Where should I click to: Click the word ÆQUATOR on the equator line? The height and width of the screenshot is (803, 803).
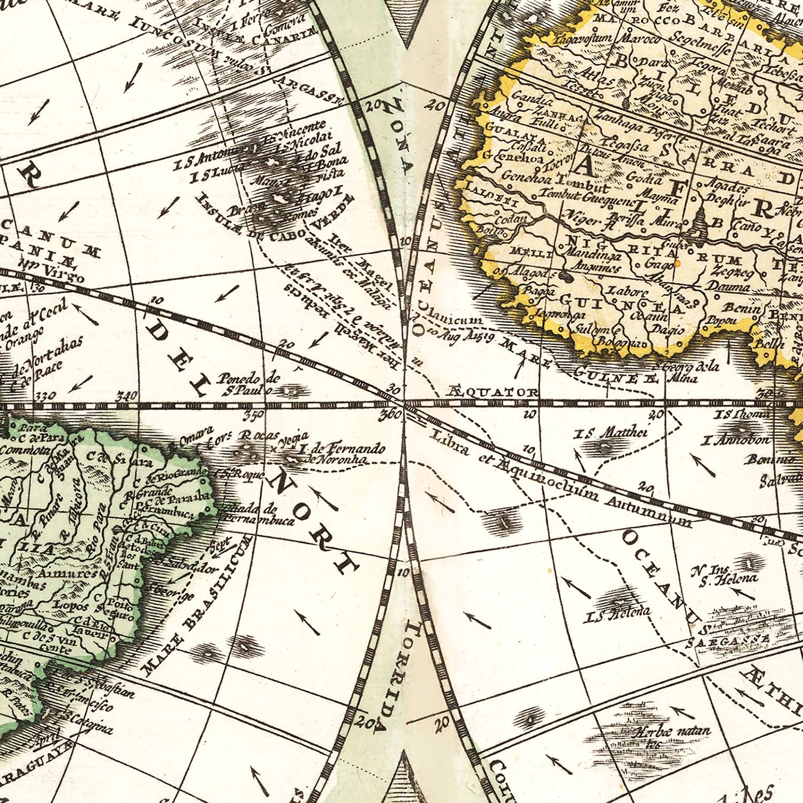[x=492, y=392]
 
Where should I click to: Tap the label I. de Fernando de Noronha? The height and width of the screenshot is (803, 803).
[x=343, y=453]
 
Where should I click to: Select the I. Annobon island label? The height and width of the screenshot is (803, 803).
[x=736, y=441]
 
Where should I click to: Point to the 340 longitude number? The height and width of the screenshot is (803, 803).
[x=126, y=396]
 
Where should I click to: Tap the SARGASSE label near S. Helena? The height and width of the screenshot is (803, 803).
[x=729, y=640]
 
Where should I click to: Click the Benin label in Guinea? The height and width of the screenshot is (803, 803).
[x=741, y=309]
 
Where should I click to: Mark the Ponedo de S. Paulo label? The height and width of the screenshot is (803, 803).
[x=248, y=384]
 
